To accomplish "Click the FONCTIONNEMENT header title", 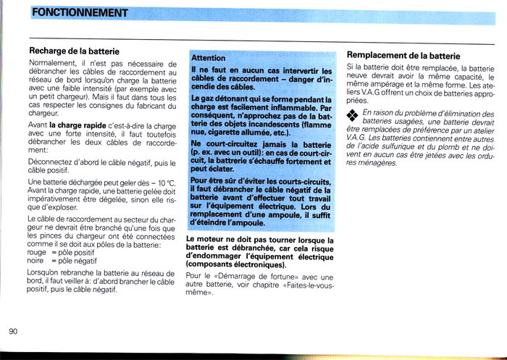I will coord(80,13).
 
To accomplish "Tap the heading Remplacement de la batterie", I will coord(403,55).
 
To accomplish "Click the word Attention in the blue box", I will coord(209,57).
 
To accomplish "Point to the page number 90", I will coord(14,331).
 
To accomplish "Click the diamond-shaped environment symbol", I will coord(353,116).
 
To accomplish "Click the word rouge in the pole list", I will coord(36,252).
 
